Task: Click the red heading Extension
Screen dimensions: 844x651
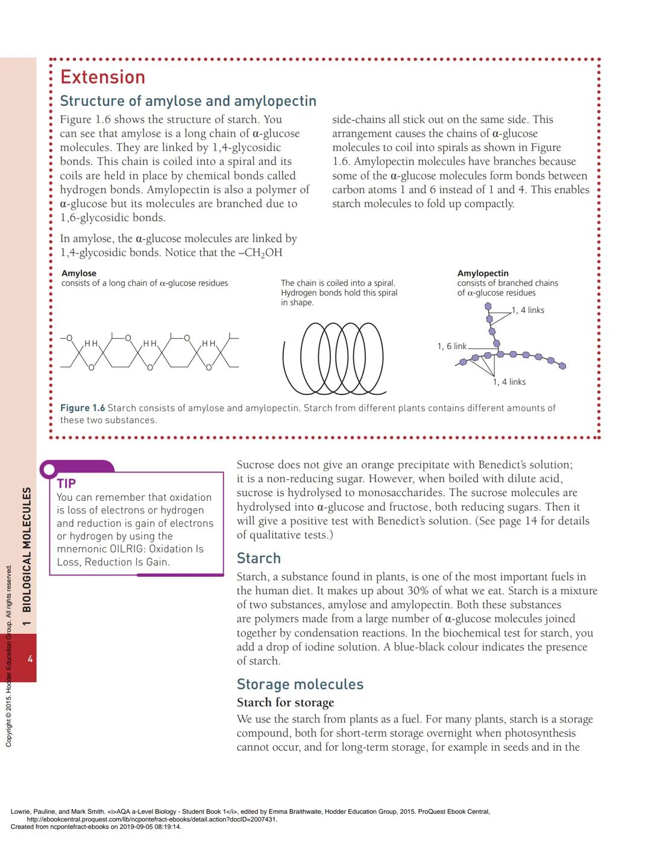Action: click(x=103, y=77)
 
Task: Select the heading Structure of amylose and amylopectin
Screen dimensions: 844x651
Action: click(x=188, y=101)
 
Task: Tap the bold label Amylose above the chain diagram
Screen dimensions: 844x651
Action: click(x=79, y=273)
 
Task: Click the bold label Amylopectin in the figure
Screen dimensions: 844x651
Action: click(x=483, y=273)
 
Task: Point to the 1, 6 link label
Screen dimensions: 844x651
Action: click(x=451, y=346)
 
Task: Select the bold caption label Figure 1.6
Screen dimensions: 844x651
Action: click(x=83, y=408)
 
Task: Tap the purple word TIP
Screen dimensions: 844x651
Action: click(x=66, y=483)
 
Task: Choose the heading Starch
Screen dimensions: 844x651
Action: click(x=259, y=558)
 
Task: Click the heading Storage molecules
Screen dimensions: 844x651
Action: click(x=300, y=684)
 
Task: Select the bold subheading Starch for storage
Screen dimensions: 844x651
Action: click(x=285, y=703)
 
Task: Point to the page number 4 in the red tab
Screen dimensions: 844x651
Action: click(x=30, y=659)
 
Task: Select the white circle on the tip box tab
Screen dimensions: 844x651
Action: click(x=48, y=470)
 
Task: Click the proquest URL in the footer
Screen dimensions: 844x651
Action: click(x=152, y=819)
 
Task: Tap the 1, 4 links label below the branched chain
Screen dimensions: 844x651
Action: click(x=509, y=382)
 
